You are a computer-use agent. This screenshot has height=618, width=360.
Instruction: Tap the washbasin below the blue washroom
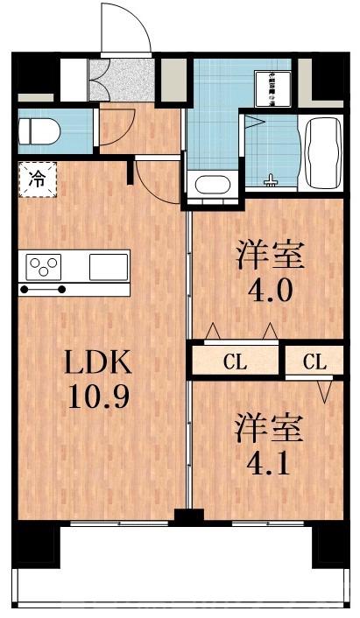click(210, 186)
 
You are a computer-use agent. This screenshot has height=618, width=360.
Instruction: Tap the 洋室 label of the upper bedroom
click(269, 256)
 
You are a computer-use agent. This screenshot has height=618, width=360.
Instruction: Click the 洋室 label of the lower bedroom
click(269, 428)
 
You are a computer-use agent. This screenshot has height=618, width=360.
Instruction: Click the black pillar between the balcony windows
click(184, 516)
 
